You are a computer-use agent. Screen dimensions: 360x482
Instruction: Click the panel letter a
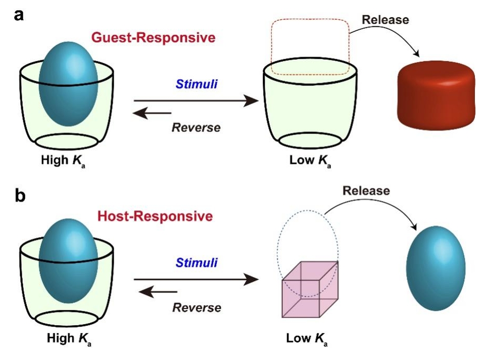coord(19,15)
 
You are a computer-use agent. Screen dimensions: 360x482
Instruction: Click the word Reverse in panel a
coord(196,127)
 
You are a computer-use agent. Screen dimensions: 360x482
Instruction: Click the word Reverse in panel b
coord(196,307)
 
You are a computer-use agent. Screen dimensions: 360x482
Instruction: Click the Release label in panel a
coord(385,20)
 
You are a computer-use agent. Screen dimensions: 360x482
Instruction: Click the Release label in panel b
coord(366,191)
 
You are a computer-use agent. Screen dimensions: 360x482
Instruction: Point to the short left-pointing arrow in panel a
coord(152,113)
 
